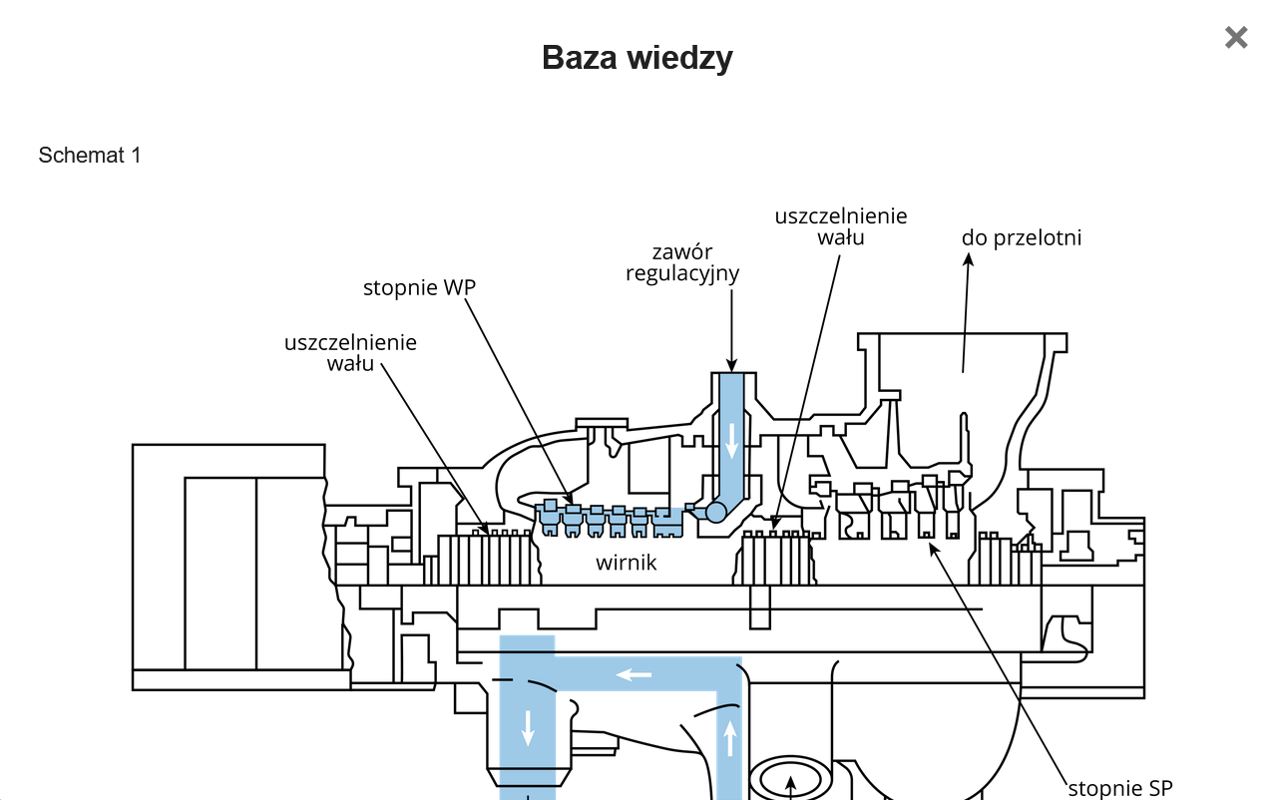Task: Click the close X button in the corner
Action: point(1236,38)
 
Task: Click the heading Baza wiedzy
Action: point(638,58)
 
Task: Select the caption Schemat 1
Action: point(90,156)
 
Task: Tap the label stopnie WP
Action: point(419,288)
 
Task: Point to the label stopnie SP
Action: point(1120,788)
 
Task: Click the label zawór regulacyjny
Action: point(682,262)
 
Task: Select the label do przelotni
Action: point(1022,237)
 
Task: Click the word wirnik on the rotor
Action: point(627,563)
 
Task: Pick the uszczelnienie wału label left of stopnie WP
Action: point(350,353)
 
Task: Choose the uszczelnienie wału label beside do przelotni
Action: point(841,226)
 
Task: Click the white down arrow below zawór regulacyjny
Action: point(732,440)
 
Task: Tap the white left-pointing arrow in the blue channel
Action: point(634,675)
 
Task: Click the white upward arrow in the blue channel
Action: point(730,738)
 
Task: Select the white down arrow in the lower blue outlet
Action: point(528,728)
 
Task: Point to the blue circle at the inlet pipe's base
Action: point(715,513)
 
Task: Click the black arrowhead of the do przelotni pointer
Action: point(968,259)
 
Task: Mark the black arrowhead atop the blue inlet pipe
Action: point(731,366)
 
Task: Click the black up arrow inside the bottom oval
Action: point(790,784)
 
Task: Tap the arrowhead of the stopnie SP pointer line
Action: point(933,546)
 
